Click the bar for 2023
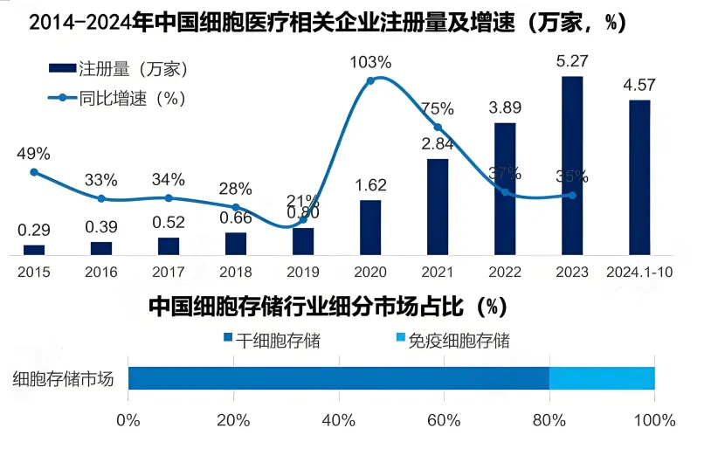click(572, 166)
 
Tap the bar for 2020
click(370, 227)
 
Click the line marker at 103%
click(370, 80)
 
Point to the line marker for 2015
click(34, 172)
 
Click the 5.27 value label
click(572, 62)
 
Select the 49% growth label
click(33, 154)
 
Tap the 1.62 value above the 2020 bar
click(370, 185)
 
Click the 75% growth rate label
click(437, 109)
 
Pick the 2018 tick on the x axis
click(236, 272)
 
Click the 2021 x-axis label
click(438, 272)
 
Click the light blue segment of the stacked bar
click(602, 378)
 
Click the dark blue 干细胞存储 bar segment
click(338, 378)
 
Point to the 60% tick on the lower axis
click(444, 420)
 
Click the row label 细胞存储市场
click(64, 379)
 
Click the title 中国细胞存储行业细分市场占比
click(328, 307)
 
